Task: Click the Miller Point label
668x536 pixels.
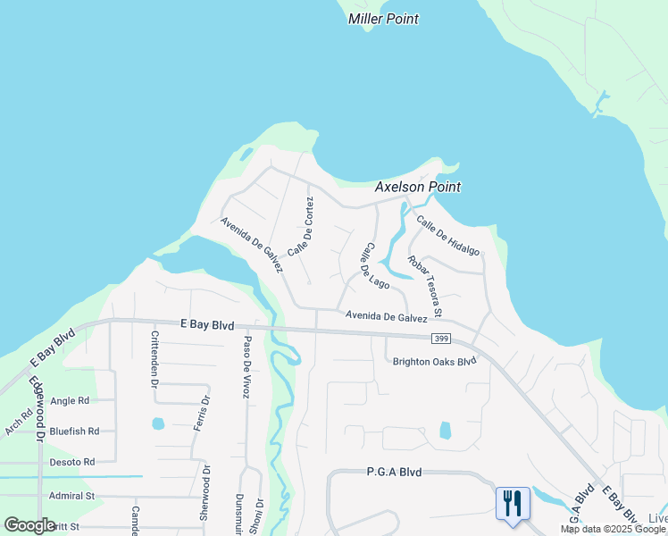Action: tap(383, 19)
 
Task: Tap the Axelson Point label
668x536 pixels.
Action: tap(417, 188)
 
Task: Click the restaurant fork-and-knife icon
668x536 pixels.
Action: tap(513, 503)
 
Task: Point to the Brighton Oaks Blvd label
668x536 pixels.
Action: tap(435, 362)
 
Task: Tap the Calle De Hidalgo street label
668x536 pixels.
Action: tap(447, 237)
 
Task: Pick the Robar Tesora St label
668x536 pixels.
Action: tap(424, 286)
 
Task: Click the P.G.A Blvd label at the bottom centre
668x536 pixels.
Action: tap(394, 472)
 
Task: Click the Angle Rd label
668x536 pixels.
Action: tap(70, 401)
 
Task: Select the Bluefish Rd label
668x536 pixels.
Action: tap(74, 431)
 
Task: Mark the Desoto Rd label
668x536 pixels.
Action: tap(71, 462)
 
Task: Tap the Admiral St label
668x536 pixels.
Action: tap(71, 496)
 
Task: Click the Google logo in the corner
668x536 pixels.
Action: tap(29, 525)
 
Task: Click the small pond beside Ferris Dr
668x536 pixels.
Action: tap(158, 423)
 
